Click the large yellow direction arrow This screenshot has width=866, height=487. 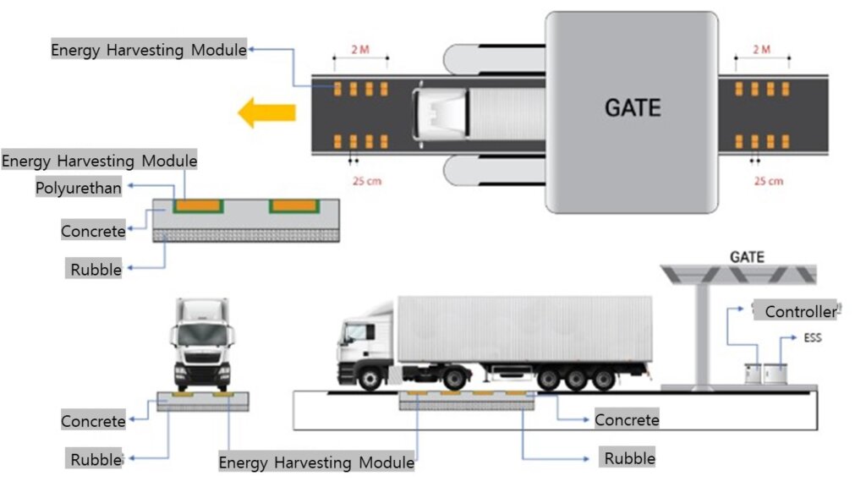pyautogui.click(x=266, y=112)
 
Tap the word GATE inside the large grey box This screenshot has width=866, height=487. pyautogui.click(x=633, y=107)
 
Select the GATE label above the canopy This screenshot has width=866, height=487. pyautogui.click(x=748, y=257)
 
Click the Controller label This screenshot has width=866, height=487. pyautogui.click(x=801, y=311)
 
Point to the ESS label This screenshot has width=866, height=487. pyautogui.click(x=813, y=337)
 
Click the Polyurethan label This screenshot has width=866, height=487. pyautogui.click(x=79, y=188)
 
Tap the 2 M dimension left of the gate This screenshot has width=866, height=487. pyautogui.click(x=360, y=50)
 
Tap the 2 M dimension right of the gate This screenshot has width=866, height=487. pyautogui.click(x=762, y=50)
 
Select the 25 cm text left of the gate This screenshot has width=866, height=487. pyautogui.click(x=367, y=181)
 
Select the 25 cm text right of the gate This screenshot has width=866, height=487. pyautogui.click(x=769, y=181)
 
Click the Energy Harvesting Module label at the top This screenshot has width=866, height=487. pyautogui.click(x=149, y=50)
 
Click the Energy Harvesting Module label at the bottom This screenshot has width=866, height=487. pyautogui.click(x=316, y=462)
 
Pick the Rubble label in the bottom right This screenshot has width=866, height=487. pyautogui.click(x=629, y=458)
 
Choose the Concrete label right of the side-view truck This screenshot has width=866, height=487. pyautogui.click(x=627, y=420)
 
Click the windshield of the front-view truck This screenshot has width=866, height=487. pyautogui.click(x=203, y=334)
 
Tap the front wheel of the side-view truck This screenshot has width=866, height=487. pyautogui.click(x=370, y=379)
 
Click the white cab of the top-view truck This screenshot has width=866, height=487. pyautogui.click(x=441, y=114)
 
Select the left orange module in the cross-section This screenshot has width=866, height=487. pyautogui.click(x=198, y=206)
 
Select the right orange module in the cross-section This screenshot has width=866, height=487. pyautogui.click(x=294, y=206)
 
